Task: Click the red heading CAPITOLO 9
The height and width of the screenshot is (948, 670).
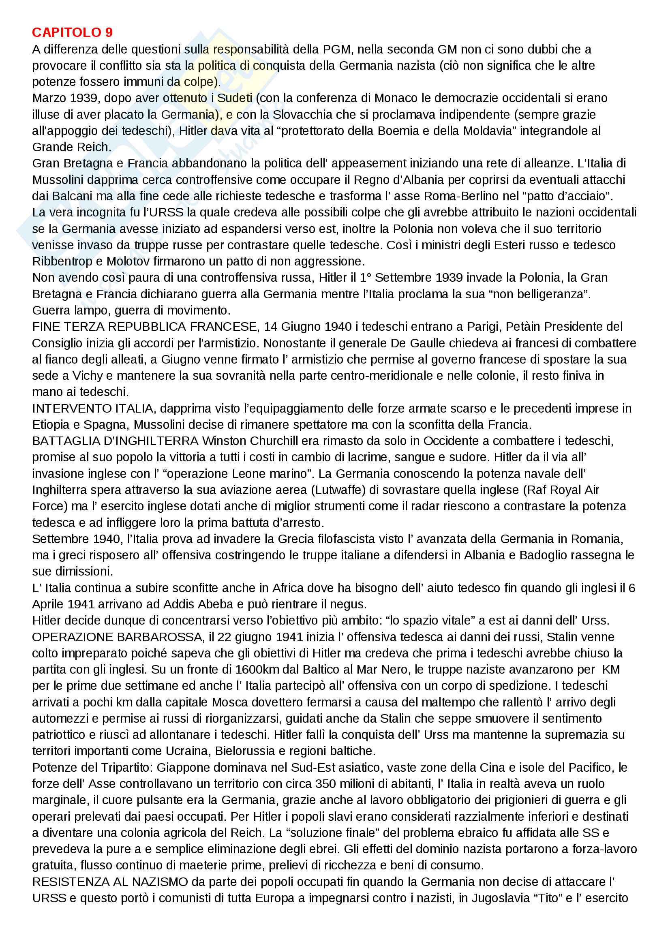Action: [72, 32]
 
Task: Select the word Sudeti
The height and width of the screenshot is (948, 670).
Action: [234, 98]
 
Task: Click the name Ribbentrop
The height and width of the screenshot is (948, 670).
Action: [62, 261]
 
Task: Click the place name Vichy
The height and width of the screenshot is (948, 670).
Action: [88, 376]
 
